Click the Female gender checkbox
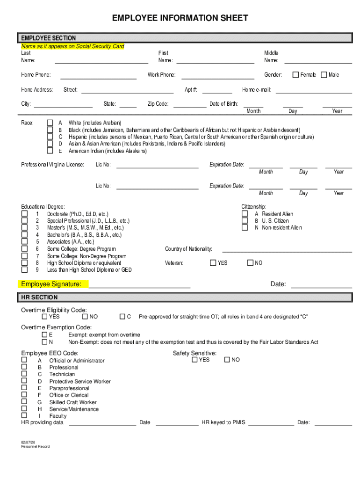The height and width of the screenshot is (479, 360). tap(296, 75)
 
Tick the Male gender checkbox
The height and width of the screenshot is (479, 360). tap(324, 75)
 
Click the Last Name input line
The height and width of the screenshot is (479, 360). tap(101, 61)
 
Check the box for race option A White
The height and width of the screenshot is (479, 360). tap(50, 123)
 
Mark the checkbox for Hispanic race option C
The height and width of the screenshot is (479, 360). tap(50, 137)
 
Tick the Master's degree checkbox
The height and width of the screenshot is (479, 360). tap(24, 228)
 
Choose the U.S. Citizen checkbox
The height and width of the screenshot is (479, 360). tap(245, 221)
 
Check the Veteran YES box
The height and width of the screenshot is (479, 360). tap(213, 263)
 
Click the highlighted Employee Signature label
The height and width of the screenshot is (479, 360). tap(51, 284)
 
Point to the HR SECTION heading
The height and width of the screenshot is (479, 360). tap(39, 298)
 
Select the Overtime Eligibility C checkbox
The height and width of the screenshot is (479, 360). tap(123, 317)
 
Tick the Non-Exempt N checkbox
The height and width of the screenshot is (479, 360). tap(44, 342)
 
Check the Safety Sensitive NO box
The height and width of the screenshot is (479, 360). tap(227, 360)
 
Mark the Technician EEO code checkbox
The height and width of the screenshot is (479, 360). tap(24, 374)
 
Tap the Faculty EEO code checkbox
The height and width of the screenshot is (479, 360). tap(24, 415)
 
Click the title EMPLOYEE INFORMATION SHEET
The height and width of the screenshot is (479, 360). tap(180, 18)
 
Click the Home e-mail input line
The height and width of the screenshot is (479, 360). tap(314, 92)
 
